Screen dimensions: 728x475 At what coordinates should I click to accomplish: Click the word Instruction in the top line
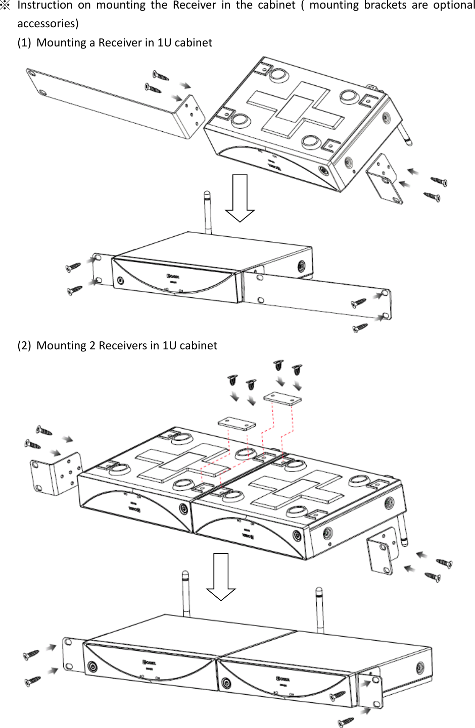(x=45, y=6)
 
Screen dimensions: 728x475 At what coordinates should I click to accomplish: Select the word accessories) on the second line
(x=48, y=24)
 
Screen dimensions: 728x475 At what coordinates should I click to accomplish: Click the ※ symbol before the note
(x=6, y=6)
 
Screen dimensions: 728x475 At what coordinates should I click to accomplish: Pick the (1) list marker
(x=24, y=43)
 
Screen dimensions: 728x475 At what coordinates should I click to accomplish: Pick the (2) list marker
(x=24, y=346)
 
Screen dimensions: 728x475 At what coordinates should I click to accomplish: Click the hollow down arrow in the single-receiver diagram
(x=240, y=197)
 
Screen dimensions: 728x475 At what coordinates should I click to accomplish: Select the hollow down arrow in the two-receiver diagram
(x=221, y=576)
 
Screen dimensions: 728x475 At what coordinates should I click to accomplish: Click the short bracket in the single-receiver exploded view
(x=385, y=179)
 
